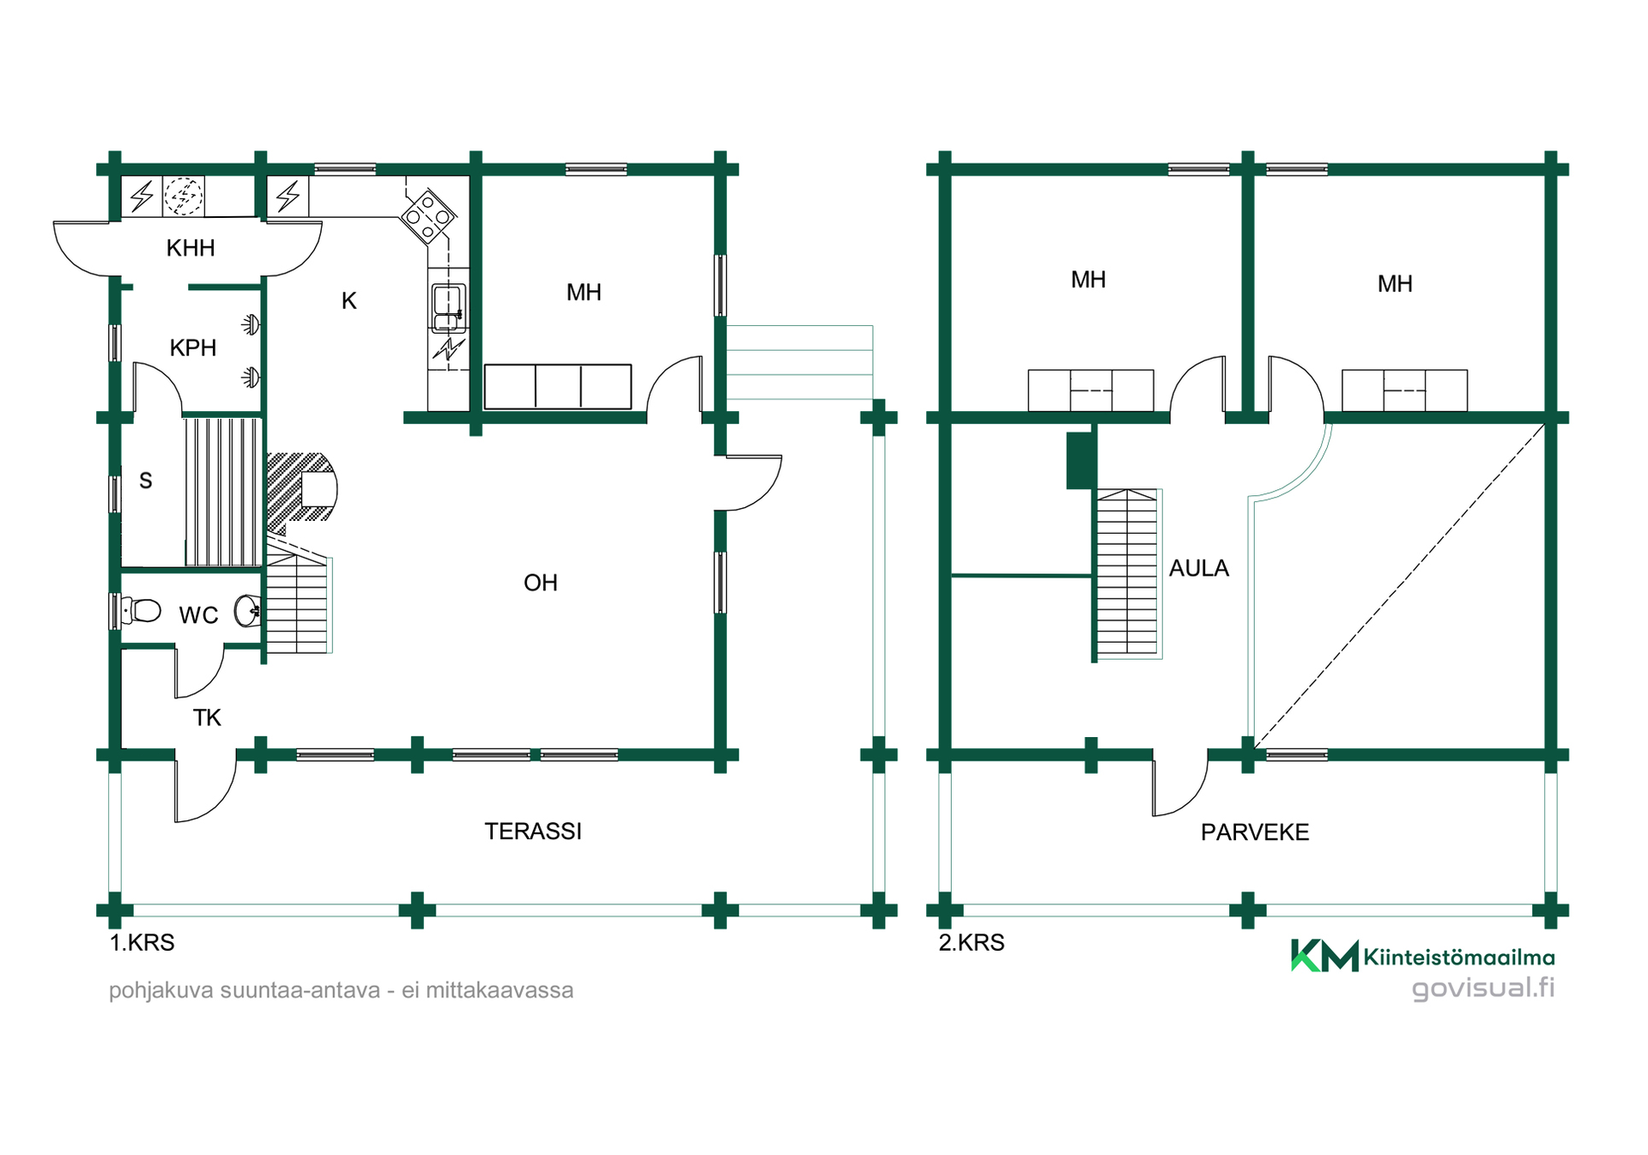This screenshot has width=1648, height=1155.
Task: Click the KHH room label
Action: (x=191, y=248)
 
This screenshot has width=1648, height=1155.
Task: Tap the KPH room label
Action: (x=193, y=348)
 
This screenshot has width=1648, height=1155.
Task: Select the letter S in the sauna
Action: (x=146, y=481)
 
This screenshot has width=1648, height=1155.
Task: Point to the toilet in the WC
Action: (x=142, y=610)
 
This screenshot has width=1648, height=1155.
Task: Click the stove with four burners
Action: (x=428, y=216)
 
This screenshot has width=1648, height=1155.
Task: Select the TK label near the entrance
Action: (x=207, y=717)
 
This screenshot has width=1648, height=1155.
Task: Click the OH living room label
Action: (x=541, y=583)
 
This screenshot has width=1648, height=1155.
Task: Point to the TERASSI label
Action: (x=533, y=831)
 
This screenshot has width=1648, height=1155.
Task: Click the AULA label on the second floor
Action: (x=1199, y=568)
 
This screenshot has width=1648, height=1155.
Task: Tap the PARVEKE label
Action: (x=1255, y=832)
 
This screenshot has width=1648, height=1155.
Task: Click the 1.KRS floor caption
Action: (x=142, y=942)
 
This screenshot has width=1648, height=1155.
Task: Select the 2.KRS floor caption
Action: (x=972, y=942)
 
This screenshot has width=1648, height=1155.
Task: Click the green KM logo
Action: (x=1324, y=955)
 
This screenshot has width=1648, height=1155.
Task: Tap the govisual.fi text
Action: (x=1483, y=988)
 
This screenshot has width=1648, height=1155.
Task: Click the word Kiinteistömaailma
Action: (x=1459, y=957)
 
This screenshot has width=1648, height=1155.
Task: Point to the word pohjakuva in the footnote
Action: (x=161, y=990)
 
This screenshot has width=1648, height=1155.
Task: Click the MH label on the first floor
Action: (x=584, y=292)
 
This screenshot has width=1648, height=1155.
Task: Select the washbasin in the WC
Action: (x=248, y=610)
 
